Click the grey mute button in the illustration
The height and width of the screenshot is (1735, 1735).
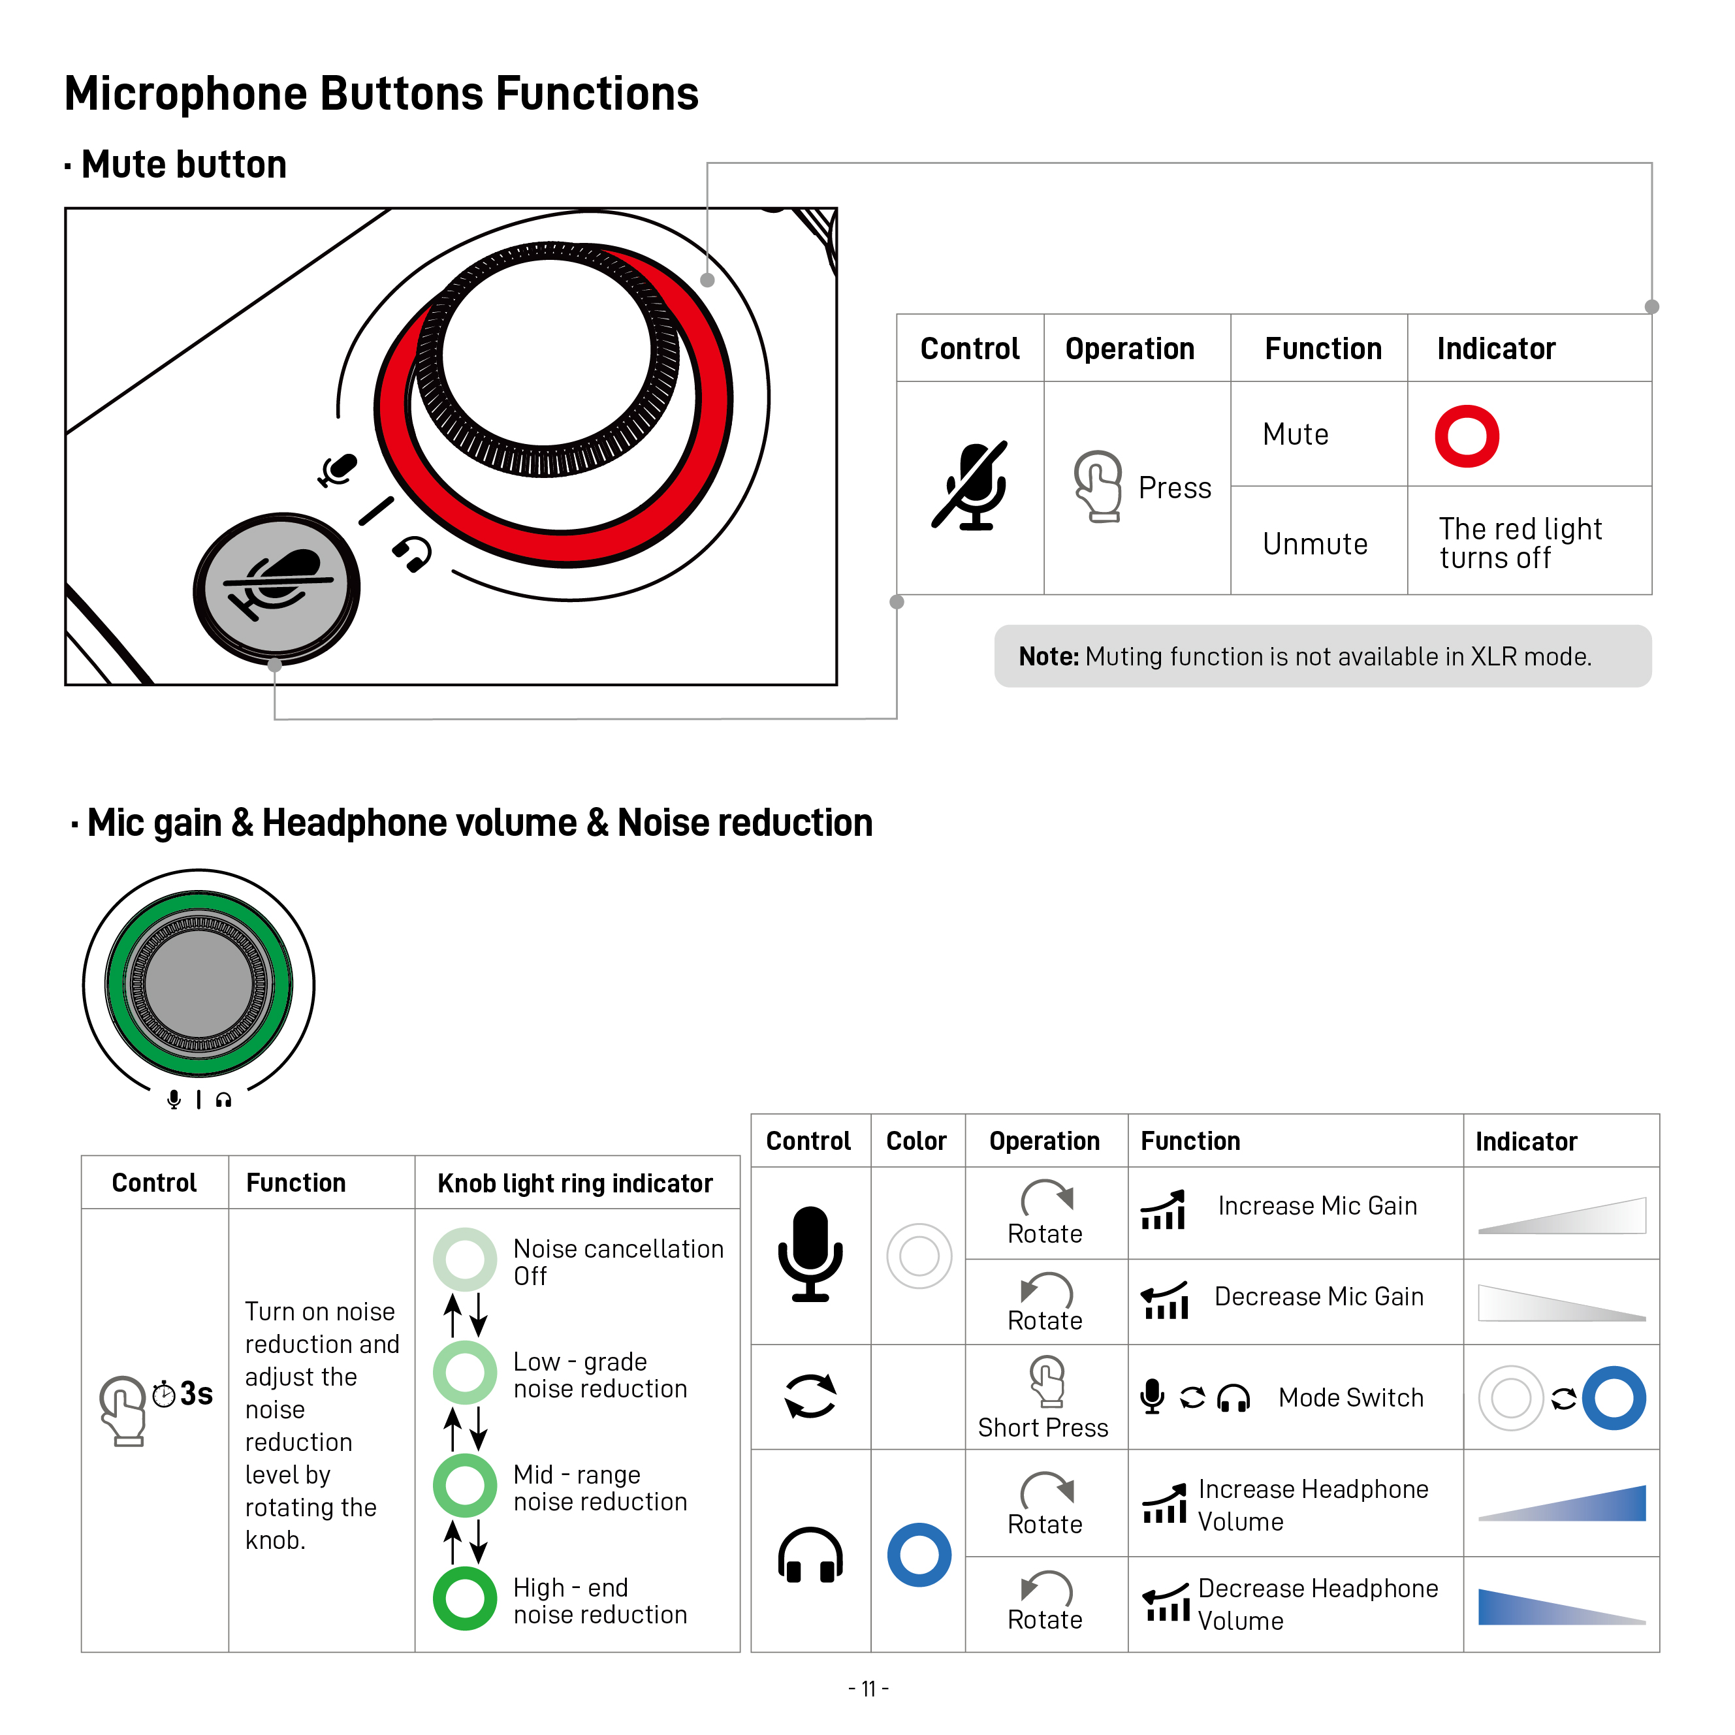pos(277,588)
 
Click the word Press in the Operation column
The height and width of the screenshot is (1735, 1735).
pos(1173,488)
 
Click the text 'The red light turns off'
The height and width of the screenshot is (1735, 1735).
pos(1520,543)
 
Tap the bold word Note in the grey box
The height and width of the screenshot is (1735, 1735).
pos(1047,656)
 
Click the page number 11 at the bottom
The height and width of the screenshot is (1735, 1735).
pos(867,1688)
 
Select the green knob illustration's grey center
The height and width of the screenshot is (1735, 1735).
pos(199,983)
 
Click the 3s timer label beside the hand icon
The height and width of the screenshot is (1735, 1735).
pos(195,1393)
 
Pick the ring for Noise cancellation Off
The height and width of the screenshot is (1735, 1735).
pos(464,1258)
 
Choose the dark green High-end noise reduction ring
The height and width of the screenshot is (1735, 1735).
pos(464,1599)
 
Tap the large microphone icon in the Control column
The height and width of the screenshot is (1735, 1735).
pos(809,1254)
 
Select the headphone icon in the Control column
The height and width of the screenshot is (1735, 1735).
pos(809,1555)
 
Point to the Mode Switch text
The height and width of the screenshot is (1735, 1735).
pos(1350,1397)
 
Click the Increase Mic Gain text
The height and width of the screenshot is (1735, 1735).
pos(1316,1205)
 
